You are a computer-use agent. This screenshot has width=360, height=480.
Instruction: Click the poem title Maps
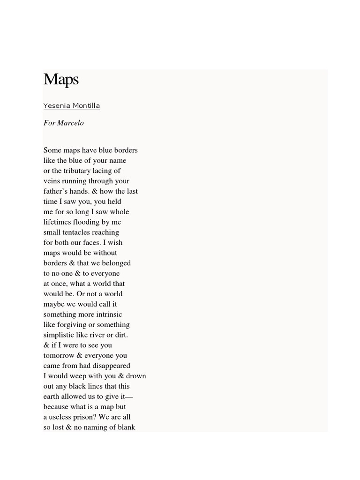61,80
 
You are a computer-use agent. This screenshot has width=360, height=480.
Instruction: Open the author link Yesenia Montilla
71,106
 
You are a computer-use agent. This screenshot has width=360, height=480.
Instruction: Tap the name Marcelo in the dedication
71,123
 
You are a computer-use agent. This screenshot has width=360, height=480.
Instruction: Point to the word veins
52,181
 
